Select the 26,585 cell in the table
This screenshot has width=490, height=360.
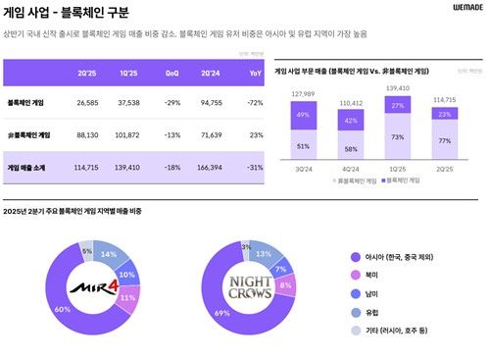(82, 101)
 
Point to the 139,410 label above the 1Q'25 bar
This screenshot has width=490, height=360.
(397, 88)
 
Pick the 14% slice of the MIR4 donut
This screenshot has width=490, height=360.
(109, 254)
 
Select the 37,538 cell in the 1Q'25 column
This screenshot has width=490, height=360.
(127, 101)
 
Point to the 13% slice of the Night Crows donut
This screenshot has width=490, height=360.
(262, 252)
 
